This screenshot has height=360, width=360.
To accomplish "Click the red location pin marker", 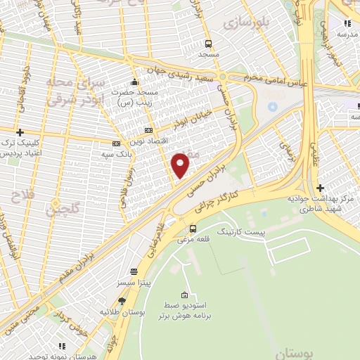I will point(181,165).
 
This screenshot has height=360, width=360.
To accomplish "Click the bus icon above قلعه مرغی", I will point(193,229).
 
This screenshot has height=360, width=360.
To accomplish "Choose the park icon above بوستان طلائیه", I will point(122,300).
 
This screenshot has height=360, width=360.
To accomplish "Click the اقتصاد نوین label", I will point(149,141).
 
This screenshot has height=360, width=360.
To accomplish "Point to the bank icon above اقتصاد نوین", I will point(148,130).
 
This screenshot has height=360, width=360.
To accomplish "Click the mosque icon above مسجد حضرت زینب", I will point(135,81).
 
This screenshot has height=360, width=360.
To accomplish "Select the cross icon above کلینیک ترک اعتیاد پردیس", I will point(20,131).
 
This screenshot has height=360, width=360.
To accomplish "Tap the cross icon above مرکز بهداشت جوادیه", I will point(321,188).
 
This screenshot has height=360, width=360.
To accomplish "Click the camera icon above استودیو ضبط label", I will point(184,295).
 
